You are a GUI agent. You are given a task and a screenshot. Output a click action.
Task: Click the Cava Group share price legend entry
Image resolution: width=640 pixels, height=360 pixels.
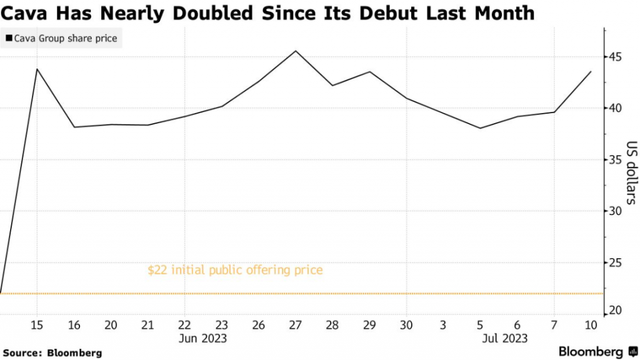tap(62, 39)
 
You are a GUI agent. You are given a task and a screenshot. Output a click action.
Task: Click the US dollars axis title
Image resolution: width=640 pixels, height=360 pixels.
tap(631, 172)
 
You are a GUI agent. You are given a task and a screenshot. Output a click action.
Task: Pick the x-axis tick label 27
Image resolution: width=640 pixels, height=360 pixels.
tap(296, 325)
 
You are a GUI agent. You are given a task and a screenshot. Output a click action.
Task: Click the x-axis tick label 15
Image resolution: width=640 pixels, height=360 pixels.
tap(37, 325)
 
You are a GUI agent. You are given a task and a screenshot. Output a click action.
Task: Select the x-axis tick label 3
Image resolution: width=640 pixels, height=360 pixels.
tap(443, 325)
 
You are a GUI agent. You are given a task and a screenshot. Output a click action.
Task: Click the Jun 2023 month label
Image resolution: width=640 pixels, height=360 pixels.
tap(203, 338)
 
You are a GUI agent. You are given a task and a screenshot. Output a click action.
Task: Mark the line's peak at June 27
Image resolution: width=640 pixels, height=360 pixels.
tap(296, 51)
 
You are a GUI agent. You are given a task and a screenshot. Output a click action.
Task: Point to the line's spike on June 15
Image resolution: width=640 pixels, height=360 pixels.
tap(37, 69)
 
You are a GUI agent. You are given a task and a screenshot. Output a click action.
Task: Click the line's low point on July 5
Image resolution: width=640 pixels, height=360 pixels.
tap(480, 128)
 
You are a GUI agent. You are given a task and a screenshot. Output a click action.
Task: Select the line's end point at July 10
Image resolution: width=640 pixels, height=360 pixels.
tap(591, 71)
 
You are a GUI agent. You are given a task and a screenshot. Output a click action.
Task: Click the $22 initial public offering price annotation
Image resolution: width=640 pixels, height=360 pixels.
tap(235, 271)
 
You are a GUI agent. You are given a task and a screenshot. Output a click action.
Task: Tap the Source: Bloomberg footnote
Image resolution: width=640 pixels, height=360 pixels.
tap(52, 353)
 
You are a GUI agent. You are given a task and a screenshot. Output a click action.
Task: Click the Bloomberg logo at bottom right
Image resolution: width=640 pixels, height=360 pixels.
tap(597, 351)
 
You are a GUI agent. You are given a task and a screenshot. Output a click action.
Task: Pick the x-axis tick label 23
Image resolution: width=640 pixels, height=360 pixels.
tap(222, 325)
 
